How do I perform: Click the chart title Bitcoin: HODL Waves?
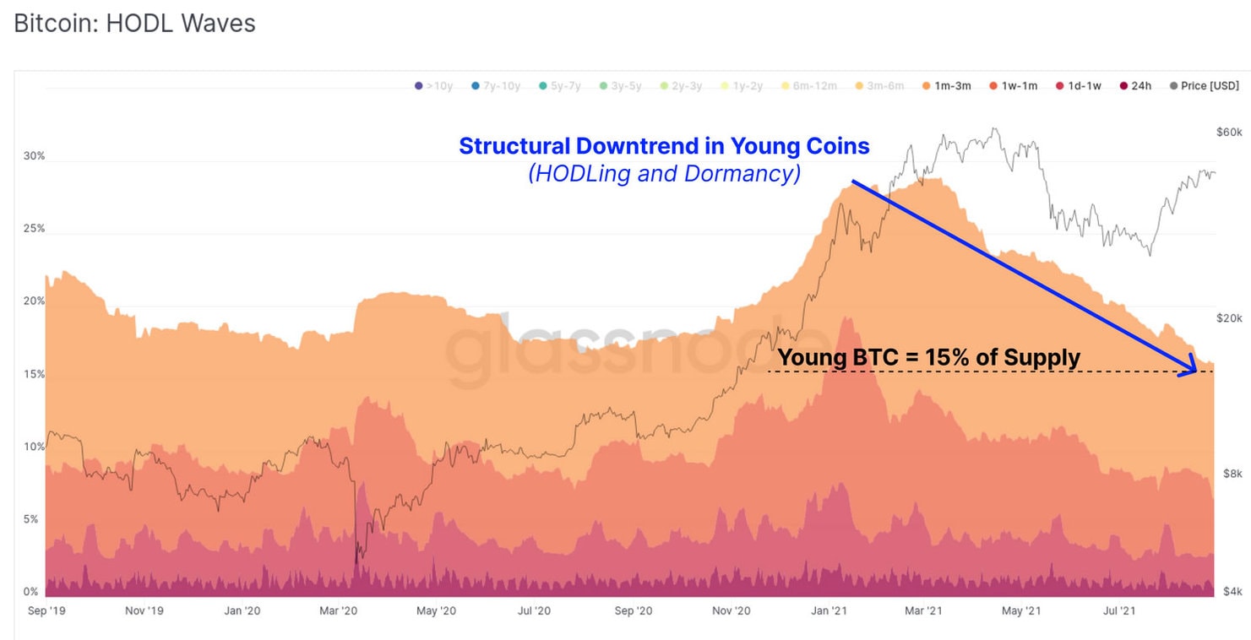tap(134, 24)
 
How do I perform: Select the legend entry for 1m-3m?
tap(946, 86)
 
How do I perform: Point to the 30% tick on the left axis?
tap(34, 157)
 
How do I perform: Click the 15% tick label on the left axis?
tap(34, 374)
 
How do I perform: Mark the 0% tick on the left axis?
tap(31, 592)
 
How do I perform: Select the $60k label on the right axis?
tap(1229, 133)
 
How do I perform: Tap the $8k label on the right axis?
tap(1232, 474)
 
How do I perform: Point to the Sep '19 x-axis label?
tap(47, 610)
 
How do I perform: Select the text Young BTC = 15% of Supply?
tap(928, 357)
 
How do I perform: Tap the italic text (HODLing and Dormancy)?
tap(664, 174)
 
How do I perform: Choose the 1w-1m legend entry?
tap(1013, 86)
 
